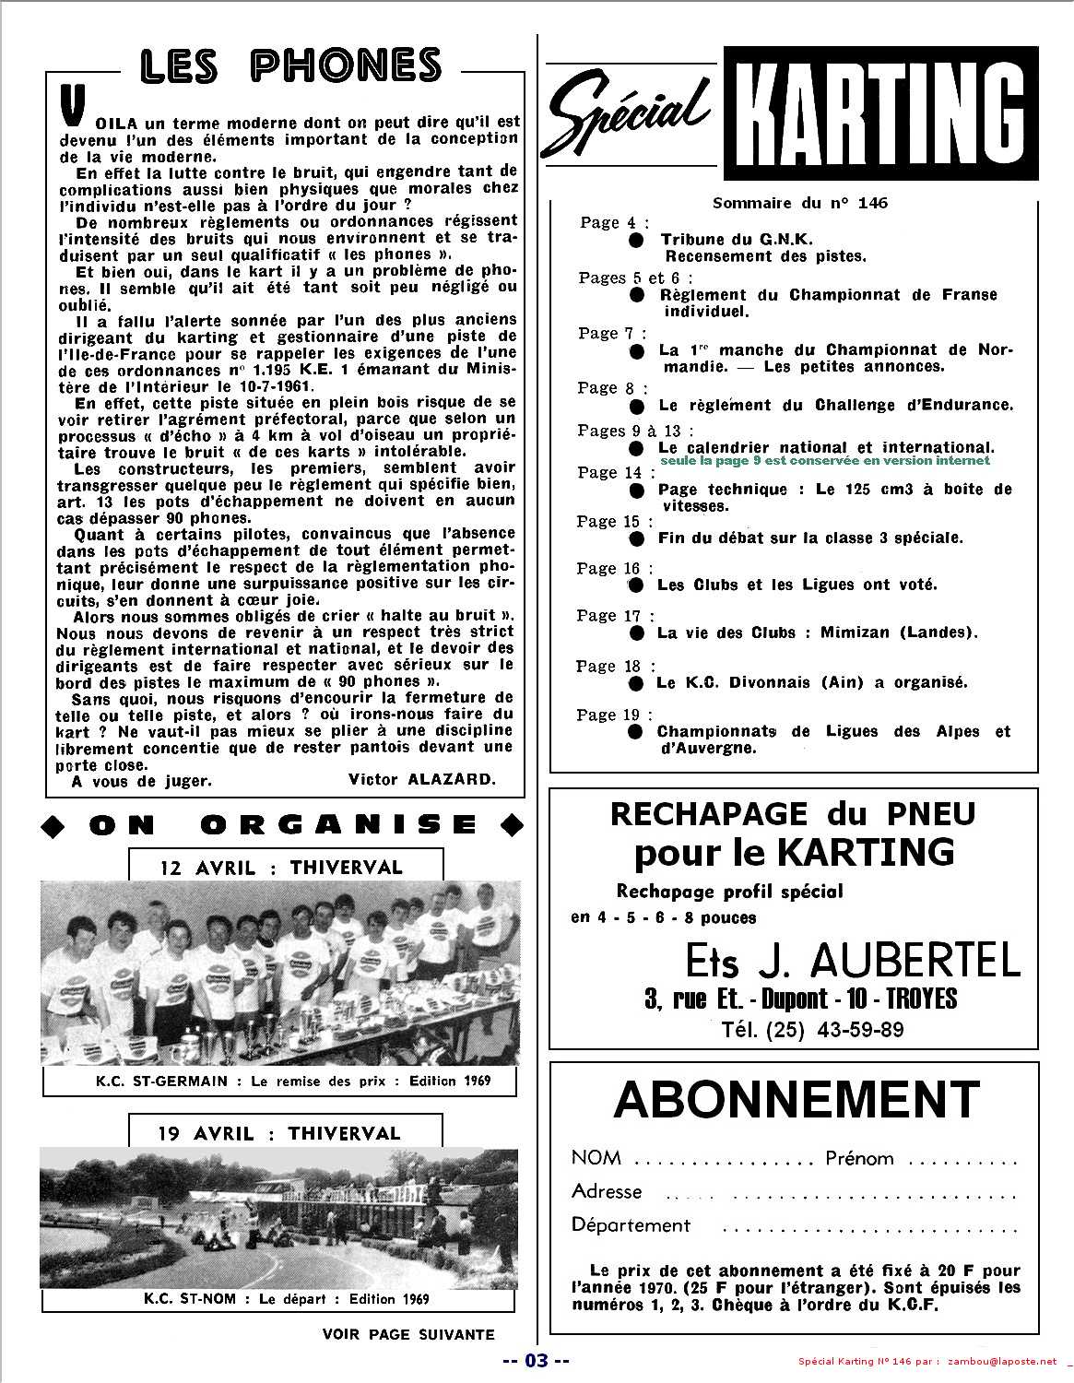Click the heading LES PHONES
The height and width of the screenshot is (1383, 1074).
290,65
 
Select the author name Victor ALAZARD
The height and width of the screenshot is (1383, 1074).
421,780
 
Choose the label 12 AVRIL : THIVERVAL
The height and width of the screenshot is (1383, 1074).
286,868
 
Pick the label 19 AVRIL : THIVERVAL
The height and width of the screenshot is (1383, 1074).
285,1133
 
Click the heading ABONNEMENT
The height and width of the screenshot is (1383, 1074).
796,1100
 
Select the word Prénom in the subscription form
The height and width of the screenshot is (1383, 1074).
859,1158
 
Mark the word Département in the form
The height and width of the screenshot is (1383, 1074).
631,1225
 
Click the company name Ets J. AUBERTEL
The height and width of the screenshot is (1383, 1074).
853,962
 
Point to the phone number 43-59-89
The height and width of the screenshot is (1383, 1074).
851,1030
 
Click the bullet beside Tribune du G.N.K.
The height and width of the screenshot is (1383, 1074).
636,240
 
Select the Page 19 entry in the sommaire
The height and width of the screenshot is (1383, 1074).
614,715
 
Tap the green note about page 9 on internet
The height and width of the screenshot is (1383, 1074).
825,460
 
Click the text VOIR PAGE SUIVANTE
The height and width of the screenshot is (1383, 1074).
408,1334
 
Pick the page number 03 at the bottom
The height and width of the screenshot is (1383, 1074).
537,1361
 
